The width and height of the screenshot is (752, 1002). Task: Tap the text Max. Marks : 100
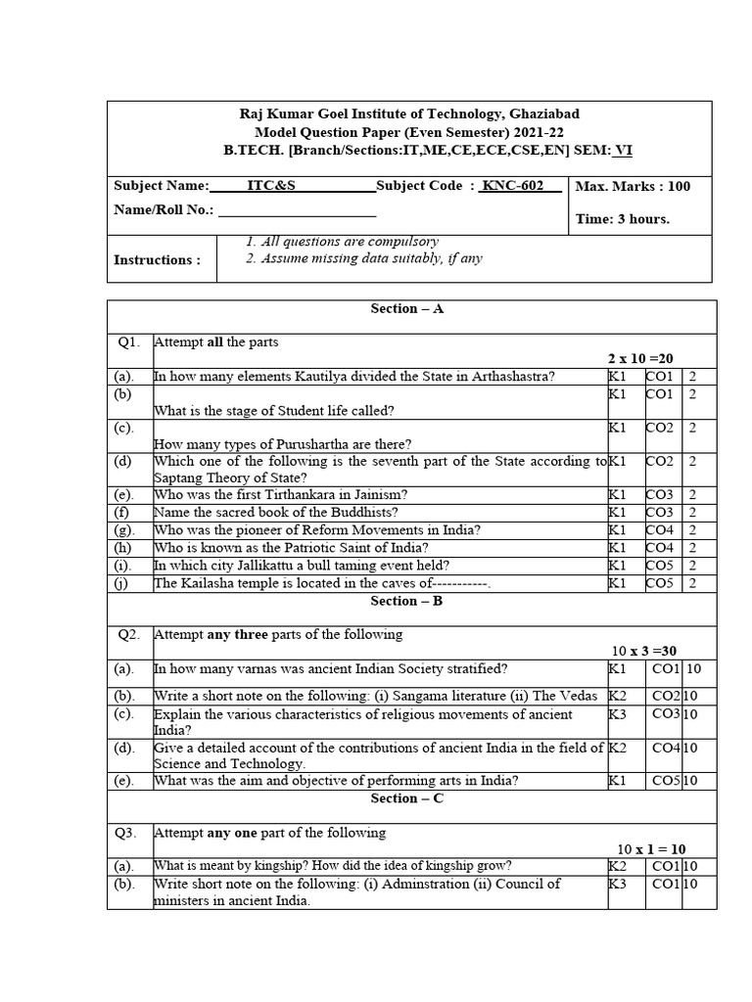tap(633, 186)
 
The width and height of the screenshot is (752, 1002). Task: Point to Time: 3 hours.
tap(623, 218)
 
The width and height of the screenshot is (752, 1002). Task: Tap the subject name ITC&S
tap(267, 186)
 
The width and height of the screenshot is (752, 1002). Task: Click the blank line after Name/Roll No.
tap(298, 210)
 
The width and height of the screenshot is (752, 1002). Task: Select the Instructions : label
tap(157, 259)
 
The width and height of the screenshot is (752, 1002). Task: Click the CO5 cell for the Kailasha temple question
tap(659, 584)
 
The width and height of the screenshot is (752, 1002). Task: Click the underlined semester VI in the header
tap(623, 150)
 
